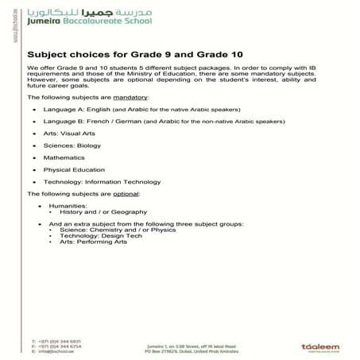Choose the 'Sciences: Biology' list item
click(72, 145)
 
